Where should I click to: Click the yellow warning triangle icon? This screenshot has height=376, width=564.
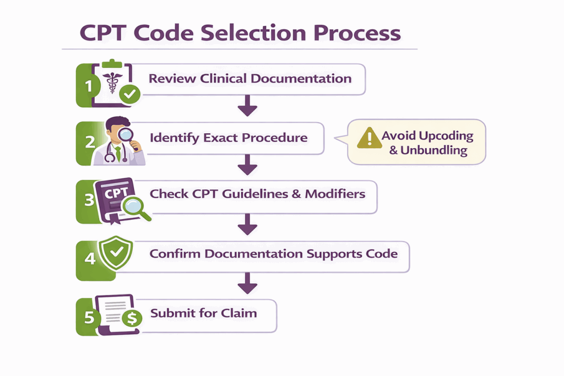coord(369,138)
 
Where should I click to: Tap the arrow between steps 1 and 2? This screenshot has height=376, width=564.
coord(247,105)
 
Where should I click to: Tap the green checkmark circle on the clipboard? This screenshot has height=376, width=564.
coord(130,95)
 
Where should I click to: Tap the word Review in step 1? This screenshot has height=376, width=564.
coord(172,78)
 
